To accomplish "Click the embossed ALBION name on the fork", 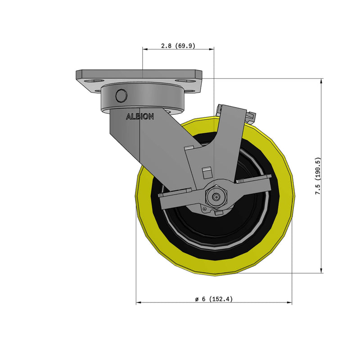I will [140, 117].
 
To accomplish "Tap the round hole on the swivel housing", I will [121, 96].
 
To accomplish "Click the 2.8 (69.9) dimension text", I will [178, 46].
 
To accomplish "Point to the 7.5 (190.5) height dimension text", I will [318, 176].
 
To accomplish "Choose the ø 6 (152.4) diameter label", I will [214, 299].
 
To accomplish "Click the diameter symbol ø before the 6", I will [197, 299].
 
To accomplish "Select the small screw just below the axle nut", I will [205, 208].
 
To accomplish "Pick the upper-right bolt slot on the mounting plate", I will [182, 81].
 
